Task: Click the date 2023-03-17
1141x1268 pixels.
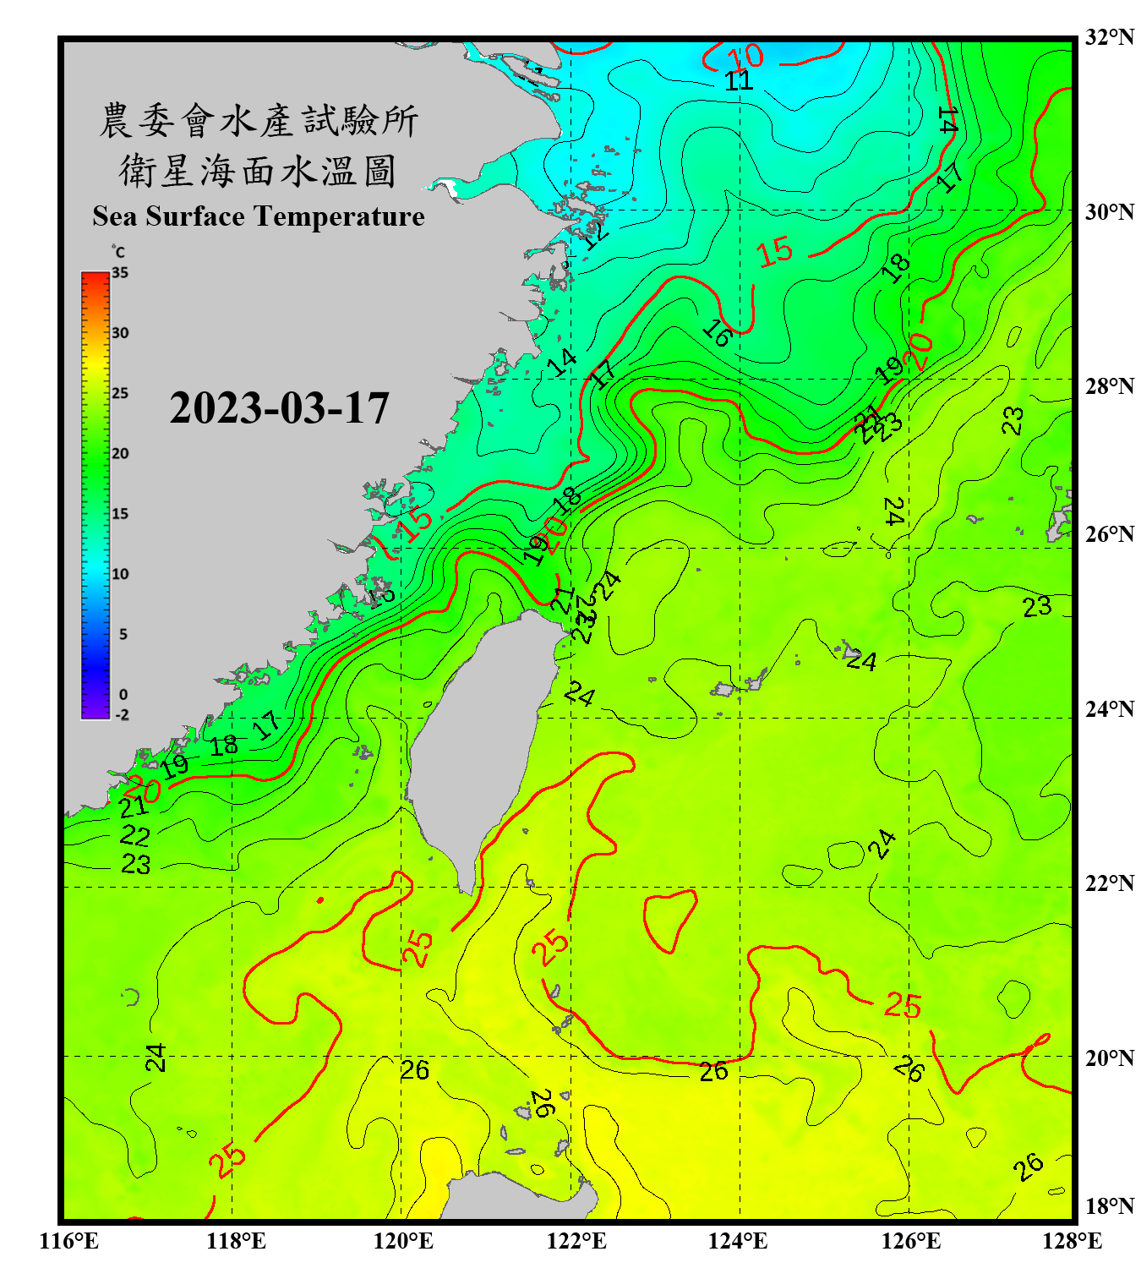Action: (279, 408)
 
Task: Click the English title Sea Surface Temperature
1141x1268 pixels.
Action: (259, 216)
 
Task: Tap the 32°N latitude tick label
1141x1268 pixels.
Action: (1109, 37)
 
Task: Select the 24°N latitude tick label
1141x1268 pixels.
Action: (1109, 708)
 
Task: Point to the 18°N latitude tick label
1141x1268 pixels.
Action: (1109, 1206)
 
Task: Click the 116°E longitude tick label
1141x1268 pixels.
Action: (69, 1241)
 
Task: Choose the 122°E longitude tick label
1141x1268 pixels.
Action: (577, 1241)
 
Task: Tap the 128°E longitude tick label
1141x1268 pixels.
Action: (1072, 1241)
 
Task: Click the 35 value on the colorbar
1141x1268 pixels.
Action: (120, 272)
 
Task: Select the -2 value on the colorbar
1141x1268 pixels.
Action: (122, 714)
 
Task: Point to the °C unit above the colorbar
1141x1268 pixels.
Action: (118, 252)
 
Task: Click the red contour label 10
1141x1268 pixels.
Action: (745, 57)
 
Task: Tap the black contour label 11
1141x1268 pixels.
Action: (739, 81)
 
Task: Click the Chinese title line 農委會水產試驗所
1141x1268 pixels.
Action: (259, 121)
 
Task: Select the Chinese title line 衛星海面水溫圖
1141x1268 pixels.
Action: (259, 171)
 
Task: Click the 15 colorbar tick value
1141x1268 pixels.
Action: (120, 513)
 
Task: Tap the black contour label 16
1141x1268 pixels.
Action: (717, 334)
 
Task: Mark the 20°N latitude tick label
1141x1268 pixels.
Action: (1109, 1058)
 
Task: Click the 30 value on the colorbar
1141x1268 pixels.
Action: (120, 332)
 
